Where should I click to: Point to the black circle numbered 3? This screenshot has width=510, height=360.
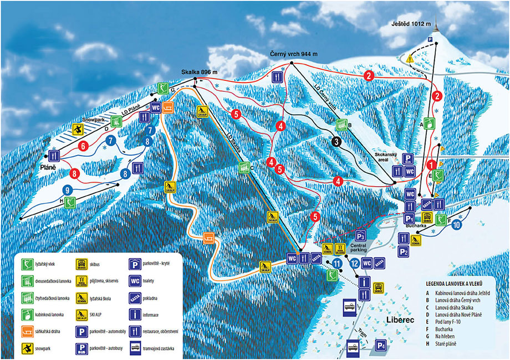coord(336,142)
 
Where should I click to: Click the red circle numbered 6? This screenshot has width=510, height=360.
coord(84,147)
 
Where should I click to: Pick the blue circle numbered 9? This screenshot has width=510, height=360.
coord(67,189)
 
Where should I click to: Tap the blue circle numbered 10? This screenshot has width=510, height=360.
coord(456,225)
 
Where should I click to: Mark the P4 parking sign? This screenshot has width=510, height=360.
coord(380,344)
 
